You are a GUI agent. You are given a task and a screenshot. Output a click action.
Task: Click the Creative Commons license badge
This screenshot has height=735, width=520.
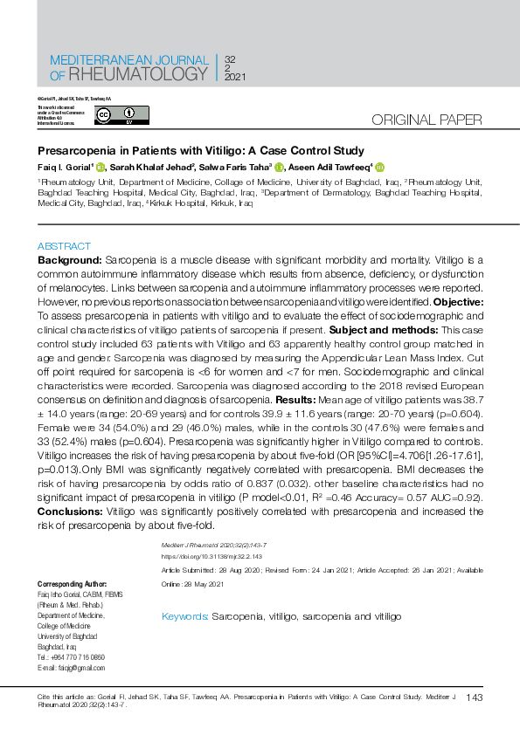click(x=122, y=115)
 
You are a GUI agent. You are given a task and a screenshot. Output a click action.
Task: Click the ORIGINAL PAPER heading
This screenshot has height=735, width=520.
click(x=427, y=120)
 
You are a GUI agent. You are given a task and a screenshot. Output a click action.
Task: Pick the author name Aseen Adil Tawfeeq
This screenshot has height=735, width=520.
click(x=333, y=168)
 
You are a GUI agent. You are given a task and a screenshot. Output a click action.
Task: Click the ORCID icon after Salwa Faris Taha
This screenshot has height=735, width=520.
click(x=279, y=168)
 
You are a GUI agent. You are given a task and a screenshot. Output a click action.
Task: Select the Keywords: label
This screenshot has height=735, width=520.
click(x=185, y=616)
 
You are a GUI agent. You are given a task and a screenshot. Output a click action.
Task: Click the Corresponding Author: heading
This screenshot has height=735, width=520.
click(x=72, y=583)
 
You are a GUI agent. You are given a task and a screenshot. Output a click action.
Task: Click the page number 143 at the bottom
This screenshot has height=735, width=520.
click(x=475, y=697)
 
